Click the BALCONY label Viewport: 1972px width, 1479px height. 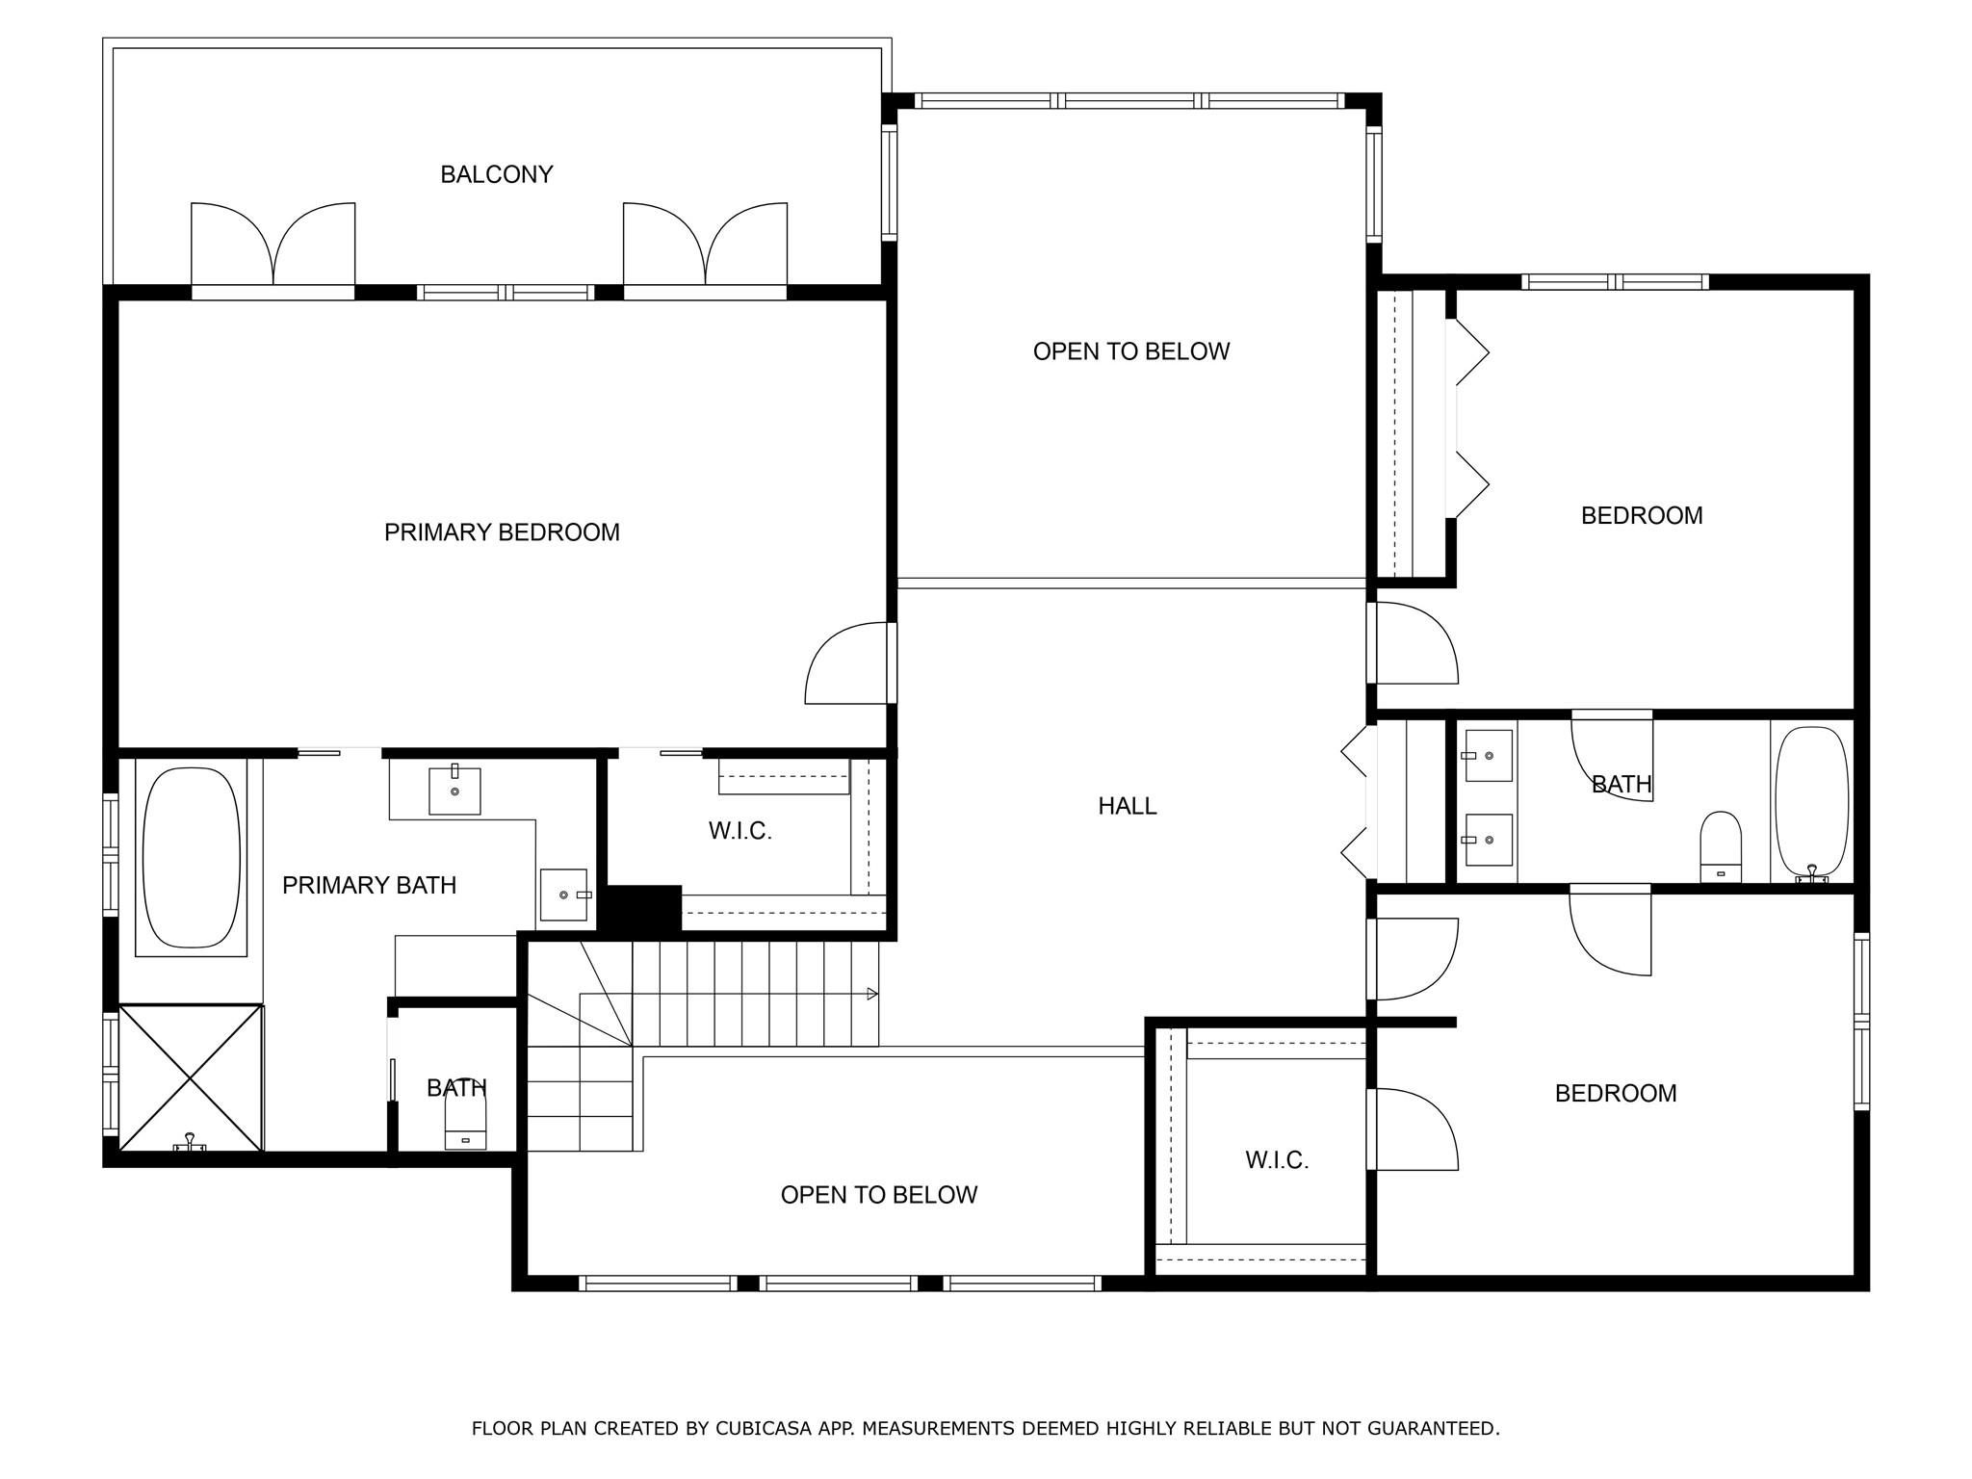(497, 174)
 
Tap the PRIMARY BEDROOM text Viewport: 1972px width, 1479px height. (502, 532)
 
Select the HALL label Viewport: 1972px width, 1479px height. (1127, 806)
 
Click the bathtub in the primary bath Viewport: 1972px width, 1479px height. (192, 857)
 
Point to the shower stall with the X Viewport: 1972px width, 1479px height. (191, 1077)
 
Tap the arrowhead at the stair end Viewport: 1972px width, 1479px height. (872, 994)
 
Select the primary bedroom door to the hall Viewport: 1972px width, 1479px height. (847, 664)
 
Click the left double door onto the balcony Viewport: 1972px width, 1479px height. (273, 246)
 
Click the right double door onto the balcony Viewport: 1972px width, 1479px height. (705, 246)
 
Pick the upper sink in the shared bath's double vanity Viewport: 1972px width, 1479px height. (1488, 756)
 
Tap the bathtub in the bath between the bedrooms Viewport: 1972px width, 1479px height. (1811, 801)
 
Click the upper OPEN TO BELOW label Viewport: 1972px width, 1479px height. (1130, 351)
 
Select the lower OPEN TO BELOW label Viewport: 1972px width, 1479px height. (878, 1195)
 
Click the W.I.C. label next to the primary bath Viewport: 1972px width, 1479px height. (739, 831)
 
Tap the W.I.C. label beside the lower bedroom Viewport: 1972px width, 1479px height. (1277, 1160)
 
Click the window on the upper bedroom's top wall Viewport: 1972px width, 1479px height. (1615, 282)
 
